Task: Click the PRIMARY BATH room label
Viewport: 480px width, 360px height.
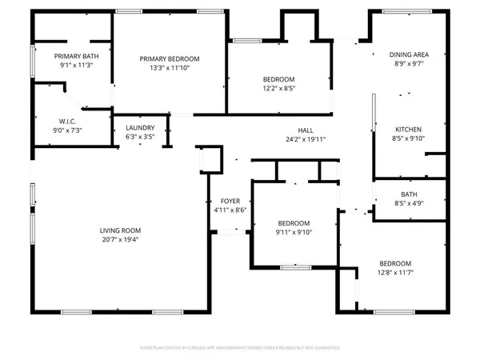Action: click(71, 56)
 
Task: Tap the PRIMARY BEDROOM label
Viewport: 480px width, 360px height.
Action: click(170, 59)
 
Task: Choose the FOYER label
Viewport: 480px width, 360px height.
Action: click(230, 201)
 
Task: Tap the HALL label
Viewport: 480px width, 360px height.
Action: click(306, 130)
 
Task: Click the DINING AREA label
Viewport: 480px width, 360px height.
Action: click(410, 54)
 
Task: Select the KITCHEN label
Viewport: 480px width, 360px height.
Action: click(409, 130)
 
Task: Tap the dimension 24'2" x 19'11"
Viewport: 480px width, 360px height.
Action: click(306, 139)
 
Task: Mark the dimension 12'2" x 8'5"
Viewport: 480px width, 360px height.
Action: click(279, 88)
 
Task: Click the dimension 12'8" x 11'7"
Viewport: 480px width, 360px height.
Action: click(395, 273)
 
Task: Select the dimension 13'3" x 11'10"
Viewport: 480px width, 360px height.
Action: click(170, 68)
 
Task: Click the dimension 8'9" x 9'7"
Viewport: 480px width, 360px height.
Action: click(410, 63)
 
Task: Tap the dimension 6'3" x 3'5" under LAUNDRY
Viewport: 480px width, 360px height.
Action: click(141, 137)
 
